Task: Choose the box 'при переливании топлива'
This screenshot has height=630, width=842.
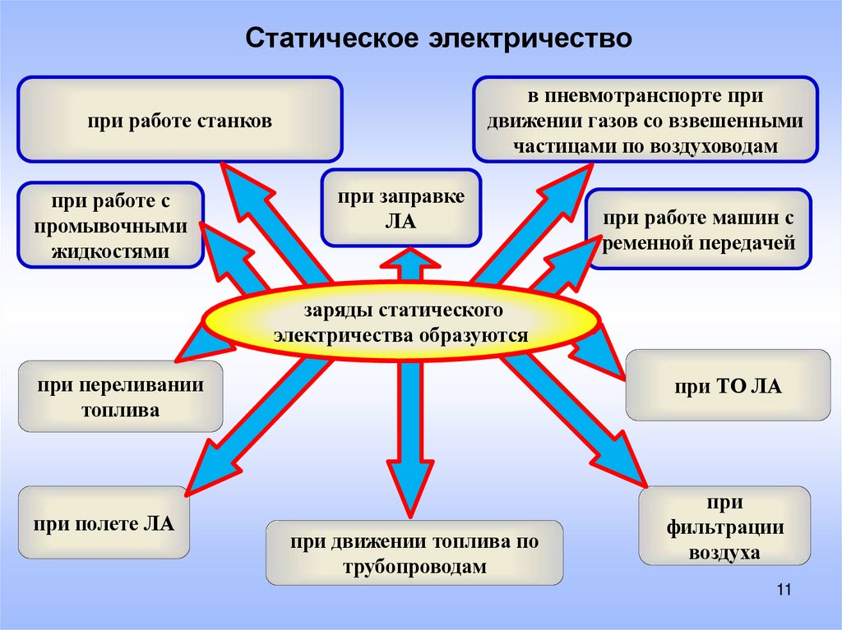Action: (x=120, y=397)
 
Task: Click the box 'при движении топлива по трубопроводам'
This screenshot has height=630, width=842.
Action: (x=414, y=554)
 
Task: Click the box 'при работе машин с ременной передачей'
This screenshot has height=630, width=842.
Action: (x=699, y=230)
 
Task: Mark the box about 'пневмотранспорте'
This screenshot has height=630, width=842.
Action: (x=644, y=120)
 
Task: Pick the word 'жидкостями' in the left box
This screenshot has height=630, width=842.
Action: (x=110, y=251)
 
